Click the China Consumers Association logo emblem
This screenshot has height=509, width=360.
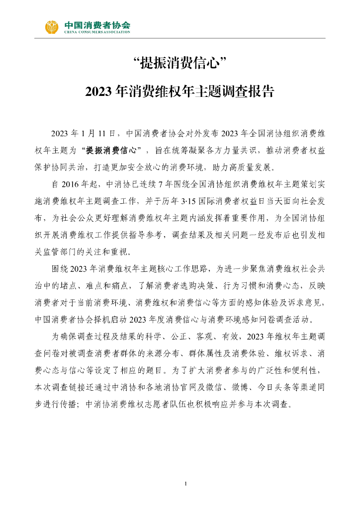[x=52, y=27]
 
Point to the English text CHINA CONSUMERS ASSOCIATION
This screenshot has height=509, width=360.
[x=97, y=32]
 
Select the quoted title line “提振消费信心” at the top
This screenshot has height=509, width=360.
[x=180, y=64]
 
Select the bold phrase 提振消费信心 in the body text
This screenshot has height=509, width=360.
[x=112, y=150]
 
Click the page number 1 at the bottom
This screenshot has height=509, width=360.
[x=185, y=484]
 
